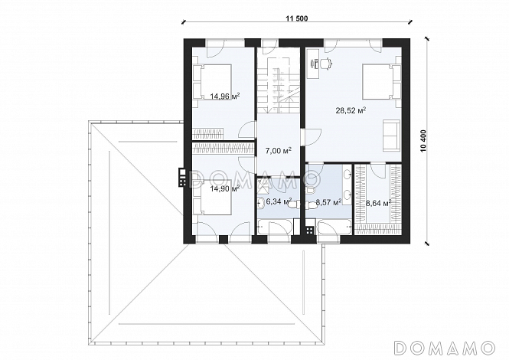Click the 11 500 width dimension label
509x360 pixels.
(296, 18)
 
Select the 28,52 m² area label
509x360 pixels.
(351, 110)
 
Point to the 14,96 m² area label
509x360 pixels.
(225, 97)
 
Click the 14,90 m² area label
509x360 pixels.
(225, 188)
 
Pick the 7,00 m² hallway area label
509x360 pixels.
(278, 151)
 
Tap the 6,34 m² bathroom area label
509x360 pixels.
(279, 201)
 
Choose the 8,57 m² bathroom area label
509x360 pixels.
(328, 203)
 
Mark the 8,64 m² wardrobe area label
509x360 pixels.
(378, 204)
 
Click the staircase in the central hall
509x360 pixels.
(279, 85)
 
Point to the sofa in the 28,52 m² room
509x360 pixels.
(392, 135)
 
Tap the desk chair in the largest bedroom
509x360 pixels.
(327, 63)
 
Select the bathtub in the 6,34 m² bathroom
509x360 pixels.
(275, 227)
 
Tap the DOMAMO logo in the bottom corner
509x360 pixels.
(445, 348)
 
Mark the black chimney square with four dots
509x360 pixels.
(310, 230)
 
